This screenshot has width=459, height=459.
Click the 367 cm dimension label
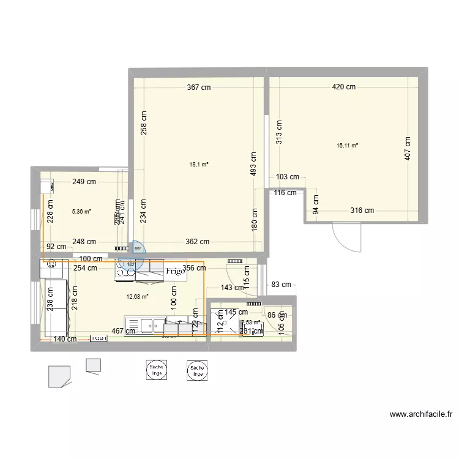coord(199,88)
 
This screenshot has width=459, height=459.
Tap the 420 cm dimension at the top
coord(343,88)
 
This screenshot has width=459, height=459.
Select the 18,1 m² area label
coord(200,165)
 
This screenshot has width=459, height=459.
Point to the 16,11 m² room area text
coord(347,146)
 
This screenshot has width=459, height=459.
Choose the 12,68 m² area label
coord(138,297)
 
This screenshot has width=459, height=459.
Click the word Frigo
coord(175,271)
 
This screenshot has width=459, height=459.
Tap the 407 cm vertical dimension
coord(408,149)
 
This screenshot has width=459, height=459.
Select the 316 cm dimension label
coord(362,211)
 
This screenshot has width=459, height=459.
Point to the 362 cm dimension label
coord(197,242)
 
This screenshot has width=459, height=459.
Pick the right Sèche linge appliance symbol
coord(197,370)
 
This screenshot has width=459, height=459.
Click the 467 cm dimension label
coord(114,331)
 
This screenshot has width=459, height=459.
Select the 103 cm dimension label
coord(287,177)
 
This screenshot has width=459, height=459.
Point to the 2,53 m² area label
coord(250,322)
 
